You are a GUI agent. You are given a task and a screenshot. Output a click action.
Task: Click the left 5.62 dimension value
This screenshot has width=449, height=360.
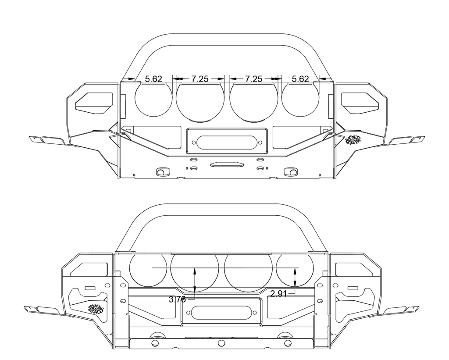coord(153,79)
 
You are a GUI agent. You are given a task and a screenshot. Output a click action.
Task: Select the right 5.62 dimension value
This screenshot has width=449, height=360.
coord(300,79)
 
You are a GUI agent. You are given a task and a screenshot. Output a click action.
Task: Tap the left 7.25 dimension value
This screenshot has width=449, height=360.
coord(200,79)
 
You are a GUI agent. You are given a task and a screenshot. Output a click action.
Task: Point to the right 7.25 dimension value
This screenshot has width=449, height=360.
coord(253,79)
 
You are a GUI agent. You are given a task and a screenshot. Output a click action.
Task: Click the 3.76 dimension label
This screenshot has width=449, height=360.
coord(177,299)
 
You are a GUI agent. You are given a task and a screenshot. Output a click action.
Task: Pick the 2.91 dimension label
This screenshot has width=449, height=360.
coord(278,293)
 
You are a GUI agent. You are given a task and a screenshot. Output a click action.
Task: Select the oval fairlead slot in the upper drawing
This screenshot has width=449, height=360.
coord(227,143)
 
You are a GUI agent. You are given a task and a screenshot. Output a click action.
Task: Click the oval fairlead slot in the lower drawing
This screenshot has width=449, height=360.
coord(221,312)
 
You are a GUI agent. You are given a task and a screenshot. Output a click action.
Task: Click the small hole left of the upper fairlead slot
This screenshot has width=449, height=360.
coord(193,143)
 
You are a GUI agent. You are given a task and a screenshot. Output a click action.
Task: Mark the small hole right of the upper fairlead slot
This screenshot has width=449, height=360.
coord(260,143)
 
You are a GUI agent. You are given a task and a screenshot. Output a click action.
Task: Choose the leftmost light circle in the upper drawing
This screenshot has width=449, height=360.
coord(153,99)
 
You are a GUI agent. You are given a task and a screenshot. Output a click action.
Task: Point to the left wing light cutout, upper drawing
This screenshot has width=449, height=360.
coord(94,102)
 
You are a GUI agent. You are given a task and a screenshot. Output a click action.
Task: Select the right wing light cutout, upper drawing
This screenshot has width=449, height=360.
coord(360,102)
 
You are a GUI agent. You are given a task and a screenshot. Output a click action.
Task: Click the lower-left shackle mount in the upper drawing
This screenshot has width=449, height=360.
coord(163,172)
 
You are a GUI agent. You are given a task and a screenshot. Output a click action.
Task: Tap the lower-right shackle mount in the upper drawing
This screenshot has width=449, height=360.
coord(291,172)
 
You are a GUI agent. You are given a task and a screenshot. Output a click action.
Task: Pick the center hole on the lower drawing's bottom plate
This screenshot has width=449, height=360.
coord(221,343)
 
